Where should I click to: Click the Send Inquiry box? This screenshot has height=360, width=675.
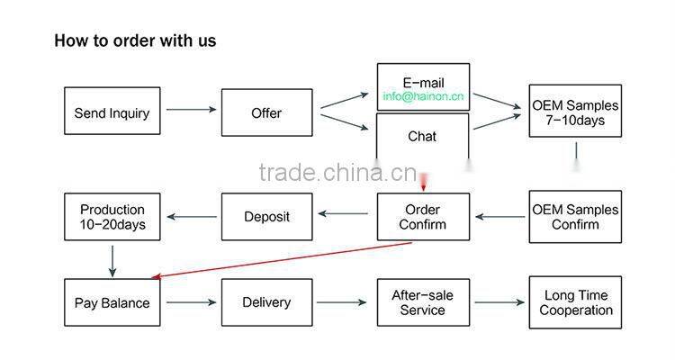[112, 112]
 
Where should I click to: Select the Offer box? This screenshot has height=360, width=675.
[266, 112]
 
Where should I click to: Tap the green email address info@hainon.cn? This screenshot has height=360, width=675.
[422, 96]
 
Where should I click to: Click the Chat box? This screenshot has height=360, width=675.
[422, 137]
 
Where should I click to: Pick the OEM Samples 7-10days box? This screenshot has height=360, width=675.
[575, 112]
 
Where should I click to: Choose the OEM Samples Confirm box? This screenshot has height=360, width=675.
[575, 217]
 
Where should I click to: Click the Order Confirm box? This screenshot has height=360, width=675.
[422, 217]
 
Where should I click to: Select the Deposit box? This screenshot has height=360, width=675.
[266, 217]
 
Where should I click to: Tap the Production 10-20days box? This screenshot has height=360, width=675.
[112, 217]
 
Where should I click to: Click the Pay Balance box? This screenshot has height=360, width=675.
[112, 302]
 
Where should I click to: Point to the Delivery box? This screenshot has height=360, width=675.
[266, 302]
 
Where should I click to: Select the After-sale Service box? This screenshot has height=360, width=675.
[422, 302]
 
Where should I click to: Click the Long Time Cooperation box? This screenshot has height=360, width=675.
[575, 302]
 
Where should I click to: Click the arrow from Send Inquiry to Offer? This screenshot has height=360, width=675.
[191, 110]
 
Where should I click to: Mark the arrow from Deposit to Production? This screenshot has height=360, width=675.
[191, 215]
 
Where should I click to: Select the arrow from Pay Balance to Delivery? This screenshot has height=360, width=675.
[191, 302]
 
